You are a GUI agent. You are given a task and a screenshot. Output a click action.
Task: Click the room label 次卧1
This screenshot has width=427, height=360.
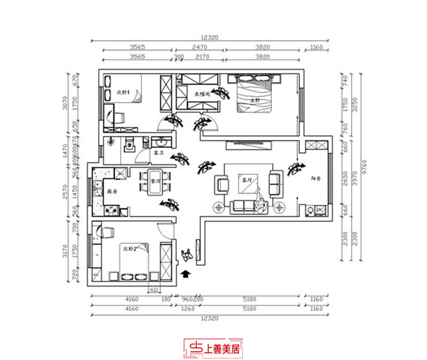(x=124, y=92)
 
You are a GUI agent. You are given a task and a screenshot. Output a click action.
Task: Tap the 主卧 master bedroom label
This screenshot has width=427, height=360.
(x=256, y=100)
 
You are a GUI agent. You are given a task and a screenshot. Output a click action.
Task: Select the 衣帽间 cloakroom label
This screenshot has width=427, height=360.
(x=201, y=94)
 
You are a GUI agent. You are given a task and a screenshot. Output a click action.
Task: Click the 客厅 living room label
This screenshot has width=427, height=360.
(x=246, y=181)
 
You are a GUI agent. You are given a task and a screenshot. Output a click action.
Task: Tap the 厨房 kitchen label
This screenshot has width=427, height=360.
(x=112, y=191)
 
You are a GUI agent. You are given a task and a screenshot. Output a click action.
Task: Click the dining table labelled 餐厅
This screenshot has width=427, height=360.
(x=156, y=181)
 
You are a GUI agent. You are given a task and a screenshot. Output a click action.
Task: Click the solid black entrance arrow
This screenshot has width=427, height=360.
(x=186, y=275)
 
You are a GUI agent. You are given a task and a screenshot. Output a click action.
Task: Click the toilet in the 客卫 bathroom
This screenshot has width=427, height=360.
(x=129, y=145)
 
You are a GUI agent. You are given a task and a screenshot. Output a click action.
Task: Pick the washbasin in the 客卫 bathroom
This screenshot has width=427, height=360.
(x=162, y=142)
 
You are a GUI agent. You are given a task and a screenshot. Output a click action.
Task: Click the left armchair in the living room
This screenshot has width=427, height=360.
(x=222, y=184)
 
